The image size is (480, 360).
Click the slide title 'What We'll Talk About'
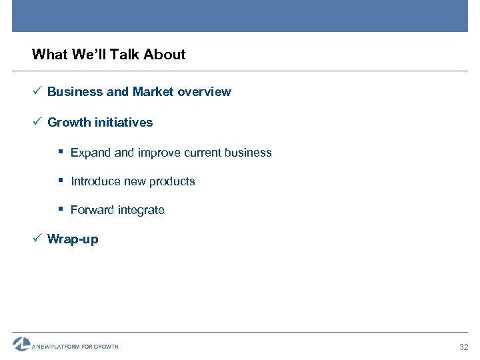click(109, 55)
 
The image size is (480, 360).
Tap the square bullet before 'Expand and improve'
click(61, 152)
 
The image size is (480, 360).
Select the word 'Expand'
click(91, 153)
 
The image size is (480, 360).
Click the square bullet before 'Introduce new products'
click(61, 181)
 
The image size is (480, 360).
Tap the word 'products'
click(172, 181)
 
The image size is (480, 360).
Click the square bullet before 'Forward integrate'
click(61, 209)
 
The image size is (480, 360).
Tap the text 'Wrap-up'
click(73, 239)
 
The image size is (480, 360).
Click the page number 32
click(464, 347)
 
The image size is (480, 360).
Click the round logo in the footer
click(21, 344)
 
